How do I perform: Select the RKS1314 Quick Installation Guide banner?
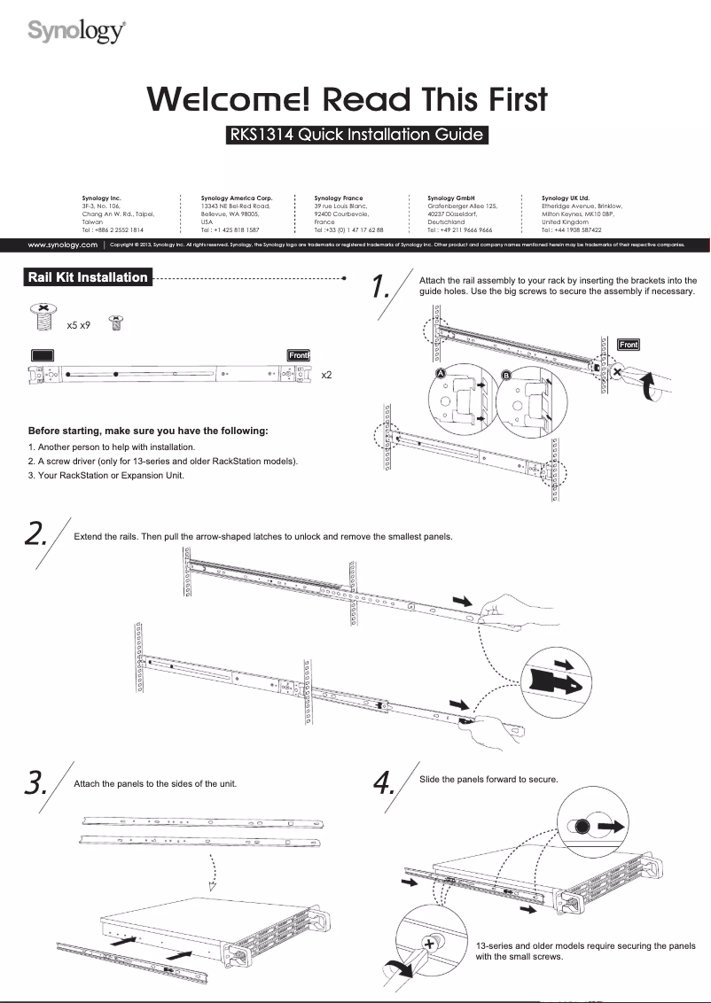tap(357, 136)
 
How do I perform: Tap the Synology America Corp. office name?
tap(237, 198)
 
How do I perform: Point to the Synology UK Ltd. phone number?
tap(572, 229)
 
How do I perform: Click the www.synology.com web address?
tap(62, 245)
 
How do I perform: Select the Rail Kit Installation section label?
tap(89, 277)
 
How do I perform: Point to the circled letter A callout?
tap(441, 374)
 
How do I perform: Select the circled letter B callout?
tap(506, 374)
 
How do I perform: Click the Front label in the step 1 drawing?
tap(628, 344)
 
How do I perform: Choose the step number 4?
tap(382, 782)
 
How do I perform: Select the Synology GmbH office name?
tap(451, 198)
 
